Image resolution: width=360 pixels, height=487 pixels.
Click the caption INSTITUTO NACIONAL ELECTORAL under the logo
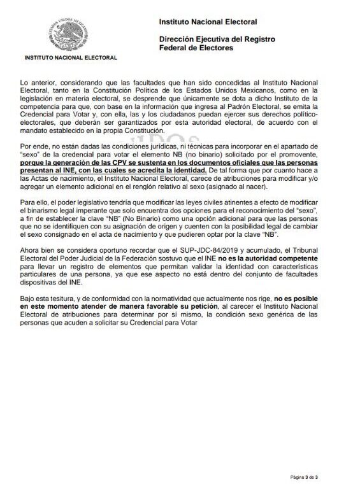tap(71, 58)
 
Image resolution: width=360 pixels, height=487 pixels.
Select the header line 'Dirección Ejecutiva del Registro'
tap(217, 39)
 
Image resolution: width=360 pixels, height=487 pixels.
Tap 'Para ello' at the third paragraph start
tap(35, 201)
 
